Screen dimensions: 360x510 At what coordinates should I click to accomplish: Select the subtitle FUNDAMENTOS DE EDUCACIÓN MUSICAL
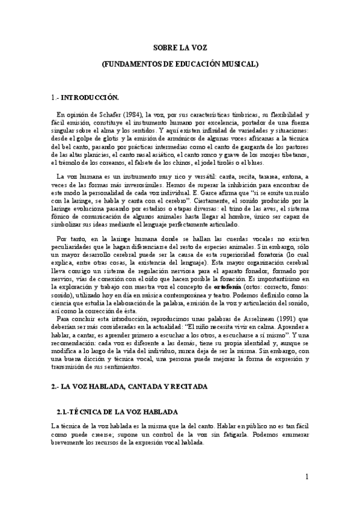[x=180, y=63]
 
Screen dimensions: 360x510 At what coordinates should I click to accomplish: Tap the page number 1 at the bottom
[x=306, y=478]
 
